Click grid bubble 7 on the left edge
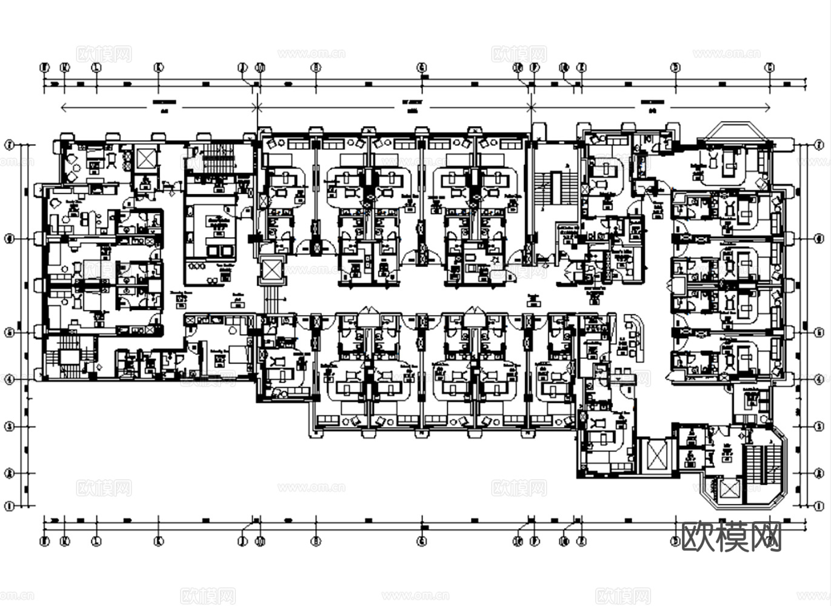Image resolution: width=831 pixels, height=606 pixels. [9, 145]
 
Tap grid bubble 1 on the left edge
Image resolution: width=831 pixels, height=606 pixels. [9, 506]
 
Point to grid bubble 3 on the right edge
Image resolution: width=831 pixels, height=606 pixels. [819, 427]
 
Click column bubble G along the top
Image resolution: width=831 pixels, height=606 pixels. [422, 68]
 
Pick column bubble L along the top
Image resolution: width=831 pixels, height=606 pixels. [96, 68]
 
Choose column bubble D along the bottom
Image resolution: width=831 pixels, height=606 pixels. [675, 541]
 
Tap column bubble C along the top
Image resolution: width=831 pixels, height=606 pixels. [769, 68]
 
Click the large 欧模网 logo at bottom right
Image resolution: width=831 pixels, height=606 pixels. [732, 536]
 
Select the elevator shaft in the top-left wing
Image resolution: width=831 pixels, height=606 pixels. [147, 159]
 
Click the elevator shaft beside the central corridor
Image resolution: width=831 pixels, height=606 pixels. [270, 271]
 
